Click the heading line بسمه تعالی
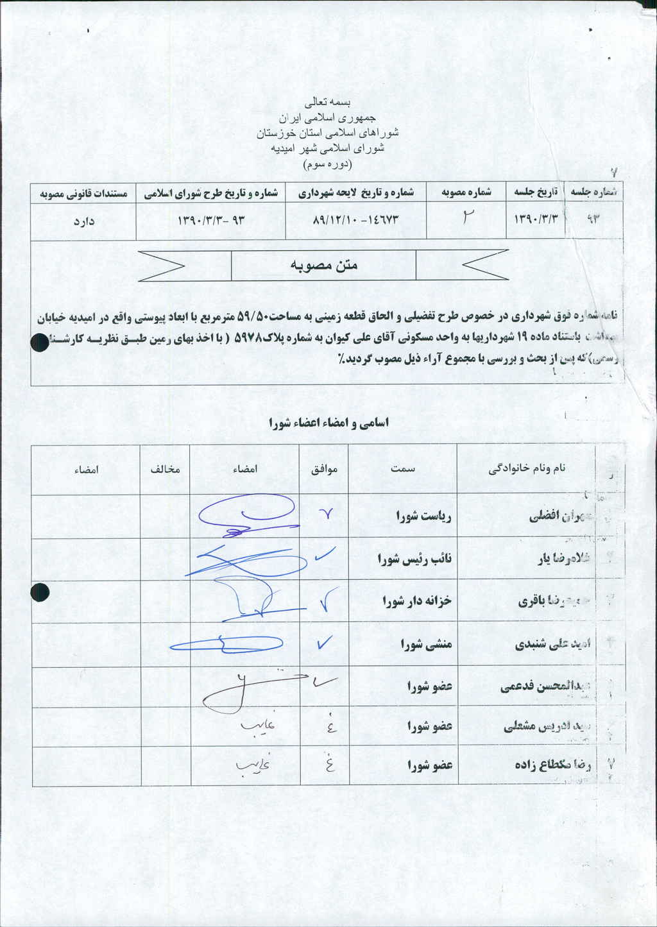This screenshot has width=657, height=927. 328,102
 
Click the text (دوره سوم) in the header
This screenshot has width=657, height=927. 327,164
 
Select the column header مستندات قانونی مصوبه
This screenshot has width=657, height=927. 84,193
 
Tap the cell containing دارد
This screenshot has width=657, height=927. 84,221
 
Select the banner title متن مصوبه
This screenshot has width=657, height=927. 324,265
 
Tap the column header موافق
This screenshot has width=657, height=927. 325,469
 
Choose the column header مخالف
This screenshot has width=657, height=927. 166,469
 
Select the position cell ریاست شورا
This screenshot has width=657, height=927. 423,516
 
